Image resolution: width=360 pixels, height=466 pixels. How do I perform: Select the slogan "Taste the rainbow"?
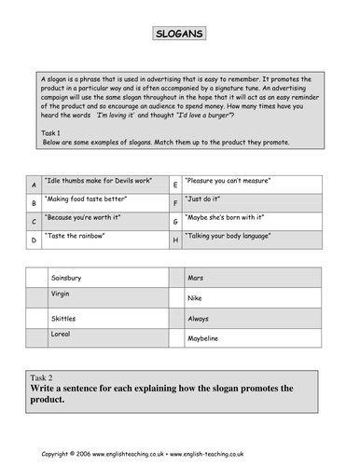coord(85,237)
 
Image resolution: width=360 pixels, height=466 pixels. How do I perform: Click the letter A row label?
coord(34,185)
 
